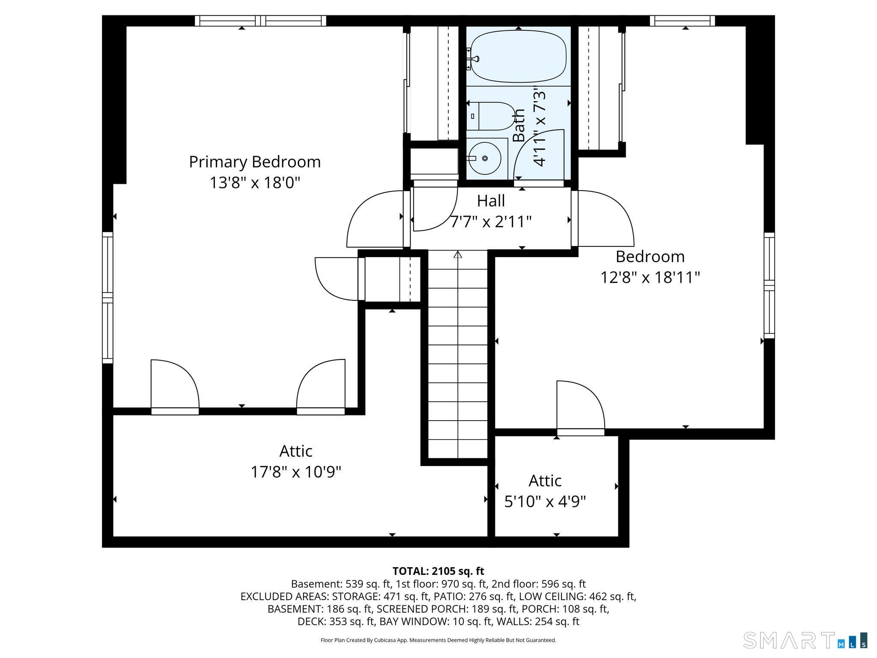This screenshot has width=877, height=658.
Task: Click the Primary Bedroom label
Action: [x=255, y=162]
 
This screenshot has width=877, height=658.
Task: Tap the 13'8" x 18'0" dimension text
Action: [x=255, y=183]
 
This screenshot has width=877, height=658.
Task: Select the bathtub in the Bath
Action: [x=519, y=56]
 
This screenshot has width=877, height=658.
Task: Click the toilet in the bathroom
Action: [x=491, y=116]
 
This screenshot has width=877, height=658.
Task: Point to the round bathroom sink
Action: [x=484, y=158]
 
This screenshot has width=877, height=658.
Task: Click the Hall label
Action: [x=491, y=200]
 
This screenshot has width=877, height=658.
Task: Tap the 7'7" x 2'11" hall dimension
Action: [x=491, y=221]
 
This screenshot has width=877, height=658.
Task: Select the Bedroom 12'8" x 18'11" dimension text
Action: [x=650, y=277]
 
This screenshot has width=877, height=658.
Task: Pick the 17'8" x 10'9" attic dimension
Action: [x=296, y=472]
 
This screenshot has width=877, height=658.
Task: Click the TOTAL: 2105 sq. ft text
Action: [x=438, y=571]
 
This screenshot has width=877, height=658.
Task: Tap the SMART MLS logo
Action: [x=805, y=640]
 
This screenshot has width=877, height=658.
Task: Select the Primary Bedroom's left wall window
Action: [x=107, y=298]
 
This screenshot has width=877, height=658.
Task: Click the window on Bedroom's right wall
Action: [x=770, y=285]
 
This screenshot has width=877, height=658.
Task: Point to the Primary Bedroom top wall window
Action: [x=260, y=21]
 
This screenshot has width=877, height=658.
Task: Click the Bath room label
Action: [x=519, y=125]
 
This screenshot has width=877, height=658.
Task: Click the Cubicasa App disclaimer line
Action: [x=438, y=640]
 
